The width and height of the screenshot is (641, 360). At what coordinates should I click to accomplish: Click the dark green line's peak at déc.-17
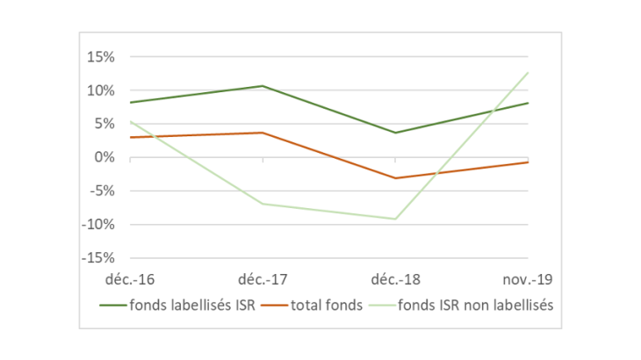263,86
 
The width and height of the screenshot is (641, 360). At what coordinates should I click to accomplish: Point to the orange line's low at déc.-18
395,178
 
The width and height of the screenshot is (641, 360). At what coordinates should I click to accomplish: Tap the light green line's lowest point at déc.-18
395,219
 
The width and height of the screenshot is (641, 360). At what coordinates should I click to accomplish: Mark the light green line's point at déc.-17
263,204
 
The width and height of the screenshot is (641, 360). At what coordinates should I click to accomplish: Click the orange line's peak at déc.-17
263,133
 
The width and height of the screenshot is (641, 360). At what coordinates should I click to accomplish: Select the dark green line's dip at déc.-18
395,133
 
